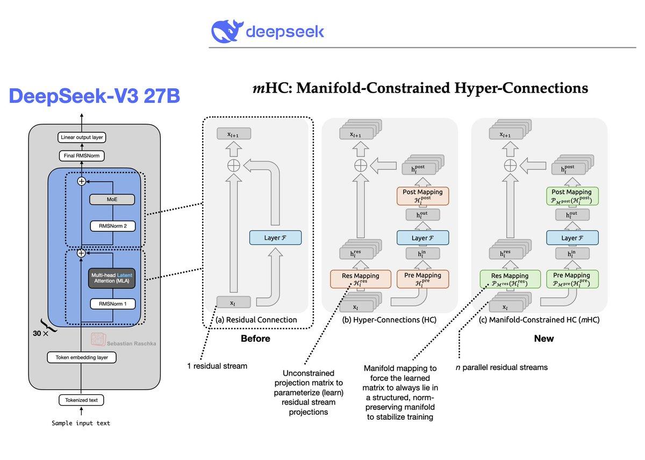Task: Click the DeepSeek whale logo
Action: click(x=226, y=32)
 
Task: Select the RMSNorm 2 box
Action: click(x=112, y=226)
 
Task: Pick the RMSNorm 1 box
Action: click(x=112, y=303)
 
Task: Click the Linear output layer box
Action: click(x=82, y=138)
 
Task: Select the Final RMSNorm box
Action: click(x=82, y=156)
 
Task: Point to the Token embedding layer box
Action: click(x=82, y=357)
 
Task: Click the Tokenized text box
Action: click(x=82, y=400)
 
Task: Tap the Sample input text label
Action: click(x=81, y=423)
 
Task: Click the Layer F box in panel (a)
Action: click(x=275, y=237)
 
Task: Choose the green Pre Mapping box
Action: click(x=572, y=279)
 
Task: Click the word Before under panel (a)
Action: click(x=255, y=339)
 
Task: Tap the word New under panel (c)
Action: click(x=544, y=339)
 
